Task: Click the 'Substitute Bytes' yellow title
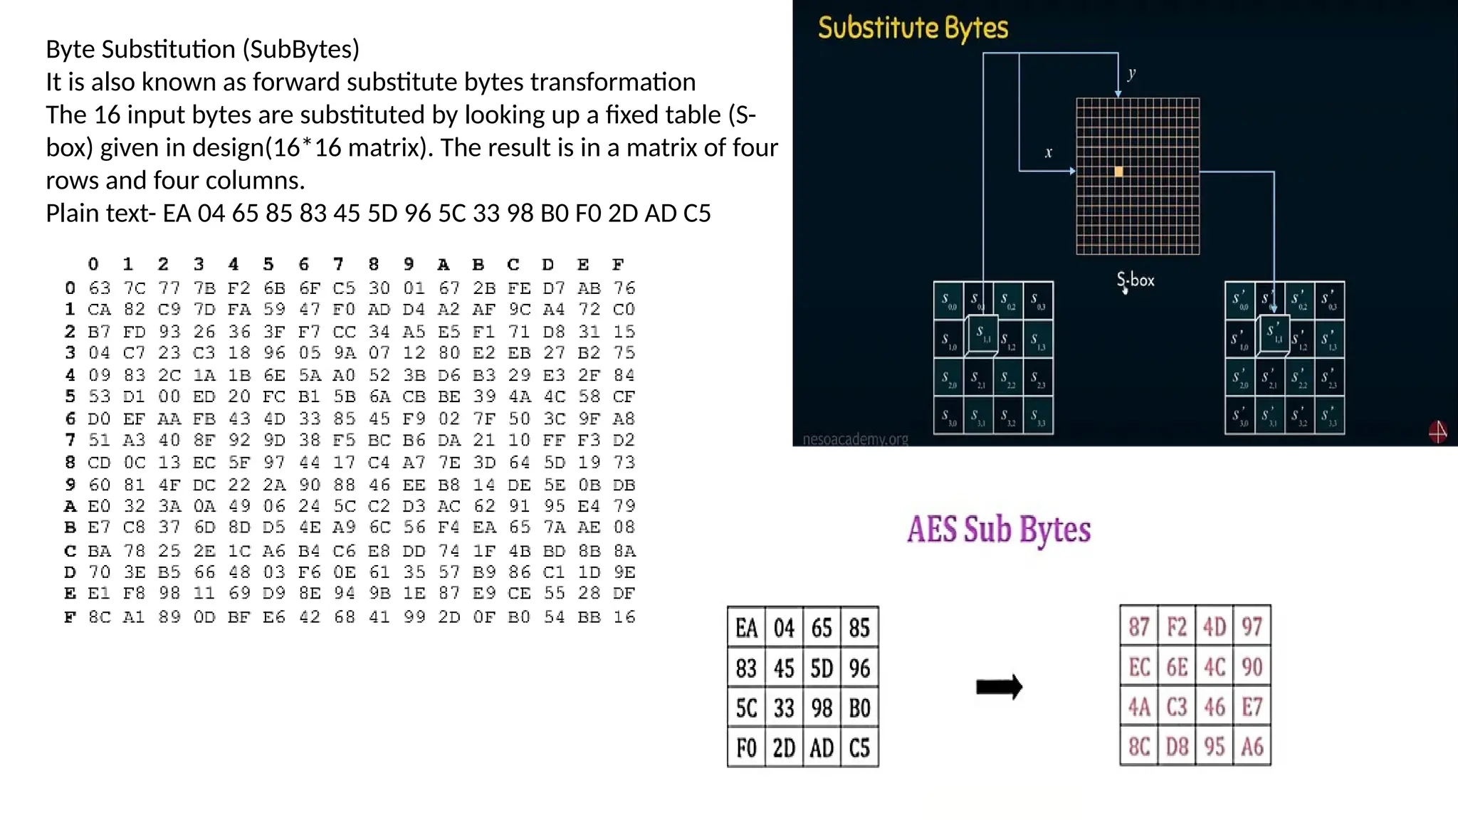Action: (x=913, y=28)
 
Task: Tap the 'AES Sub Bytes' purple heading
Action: (x=998, y=530)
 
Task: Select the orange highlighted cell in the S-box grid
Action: (x=1118, y=172)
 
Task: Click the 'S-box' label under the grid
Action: (x=1136, y=280)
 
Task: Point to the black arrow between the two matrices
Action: (x=999, y=687)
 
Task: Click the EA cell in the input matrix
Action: (x=746, y=628)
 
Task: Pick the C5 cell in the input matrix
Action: (x=859, y=748)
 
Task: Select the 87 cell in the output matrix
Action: (x=1139, y=626)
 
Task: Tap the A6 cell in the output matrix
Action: (x=1252, y=747)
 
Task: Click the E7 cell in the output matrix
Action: (x=1252, y=707)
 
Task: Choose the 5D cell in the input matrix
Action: (x=822, y=668)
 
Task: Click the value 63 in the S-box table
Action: (x=99, y=288)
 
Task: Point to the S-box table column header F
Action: (x=618, y=265)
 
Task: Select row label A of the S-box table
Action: (x=70, y=506)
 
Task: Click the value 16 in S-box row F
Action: (x=624, y=617)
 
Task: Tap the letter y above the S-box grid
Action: (x=1132, y=73)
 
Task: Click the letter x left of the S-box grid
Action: (x=1048, y=152)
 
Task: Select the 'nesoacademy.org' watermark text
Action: (x=855, y=439)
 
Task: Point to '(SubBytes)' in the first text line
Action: (x=301, y=49)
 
